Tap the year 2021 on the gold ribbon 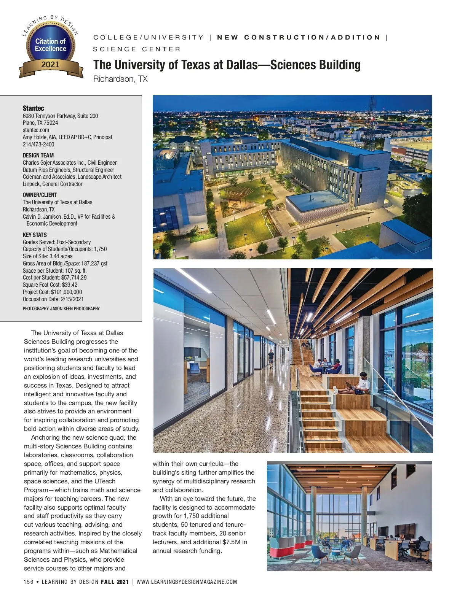[50, 65]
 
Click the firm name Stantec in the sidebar [34, 108]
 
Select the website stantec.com [36, 130]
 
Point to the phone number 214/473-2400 [38, 145]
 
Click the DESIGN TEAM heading [38, 155]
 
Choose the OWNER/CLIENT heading [40, 195]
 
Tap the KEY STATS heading [35, 235]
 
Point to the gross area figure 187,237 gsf [94, 264]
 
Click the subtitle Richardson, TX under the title [120, 79]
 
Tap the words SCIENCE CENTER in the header [137, 49]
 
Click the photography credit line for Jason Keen [61, 309]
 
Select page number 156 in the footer [29, 582]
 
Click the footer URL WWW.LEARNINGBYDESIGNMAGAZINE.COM [187, 582]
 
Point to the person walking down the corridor [271, 359]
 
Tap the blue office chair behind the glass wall [195, 369]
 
